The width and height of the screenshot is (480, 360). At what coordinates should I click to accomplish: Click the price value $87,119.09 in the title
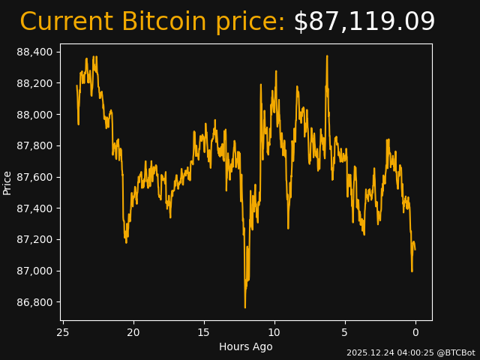point(364,22)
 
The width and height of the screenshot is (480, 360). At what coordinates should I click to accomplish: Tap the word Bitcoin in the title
point(164,22)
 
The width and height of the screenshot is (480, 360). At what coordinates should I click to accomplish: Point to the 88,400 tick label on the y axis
point(34,52)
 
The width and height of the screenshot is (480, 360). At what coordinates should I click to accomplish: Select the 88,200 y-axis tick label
point(34,83)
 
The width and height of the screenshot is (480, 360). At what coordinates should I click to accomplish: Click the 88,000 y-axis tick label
point(34,115)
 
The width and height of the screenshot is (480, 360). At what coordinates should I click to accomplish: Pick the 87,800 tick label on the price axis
point(34,145)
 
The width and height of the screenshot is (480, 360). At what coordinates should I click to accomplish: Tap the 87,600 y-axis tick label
point(34,177)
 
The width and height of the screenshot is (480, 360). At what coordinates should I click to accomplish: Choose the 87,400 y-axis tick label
point(34,208)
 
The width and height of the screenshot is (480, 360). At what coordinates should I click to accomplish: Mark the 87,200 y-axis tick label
point(34,240)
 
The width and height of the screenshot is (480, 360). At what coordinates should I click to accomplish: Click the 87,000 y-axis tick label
point(34,271)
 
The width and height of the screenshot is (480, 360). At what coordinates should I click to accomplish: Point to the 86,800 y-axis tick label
point(34,302)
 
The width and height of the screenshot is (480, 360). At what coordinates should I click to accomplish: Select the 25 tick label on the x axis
point(63,331)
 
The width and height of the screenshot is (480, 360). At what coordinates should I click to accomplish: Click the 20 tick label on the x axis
point(133,331)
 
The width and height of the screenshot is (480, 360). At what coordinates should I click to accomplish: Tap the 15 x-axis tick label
point(204,331)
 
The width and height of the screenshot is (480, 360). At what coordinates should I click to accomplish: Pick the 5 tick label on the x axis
point(345,331)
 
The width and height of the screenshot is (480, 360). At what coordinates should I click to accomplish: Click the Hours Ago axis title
point(245,346)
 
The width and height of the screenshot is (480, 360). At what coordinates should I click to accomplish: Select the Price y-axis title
point(7,182)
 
